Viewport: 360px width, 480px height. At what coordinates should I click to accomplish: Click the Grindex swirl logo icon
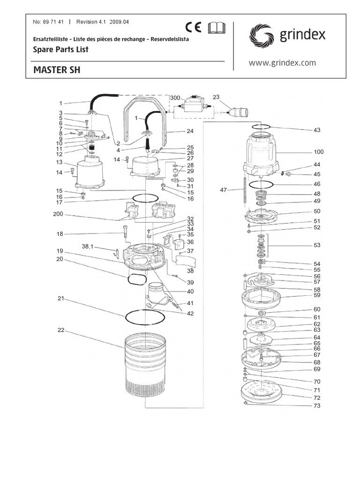coord(261,36)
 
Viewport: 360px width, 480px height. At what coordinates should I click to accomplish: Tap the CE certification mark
coord(193,27)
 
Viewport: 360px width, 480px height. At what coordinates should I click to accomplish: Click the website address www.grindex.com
coord(282,63)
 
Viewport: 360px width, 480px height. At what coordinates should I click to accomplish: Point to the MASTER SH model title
coord(57,70)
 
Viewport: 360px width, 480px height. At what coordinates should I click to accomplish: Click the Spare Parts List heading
coord(60,49)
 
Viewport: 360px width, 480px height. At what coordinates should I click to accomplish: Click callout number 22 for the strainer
coord(60,330)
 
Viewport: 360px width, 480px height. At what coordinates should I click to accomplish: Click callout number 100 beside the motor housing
coord(319,152)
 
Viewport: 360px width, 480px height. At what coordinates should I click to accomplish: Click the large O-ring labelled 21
coord(145,317)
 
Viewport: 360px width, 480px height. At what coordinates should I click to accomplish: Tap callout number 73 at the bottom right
coord(317,405)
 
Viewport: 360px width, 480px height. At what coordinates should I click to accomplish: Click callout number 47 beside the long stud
coord(223,190)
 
